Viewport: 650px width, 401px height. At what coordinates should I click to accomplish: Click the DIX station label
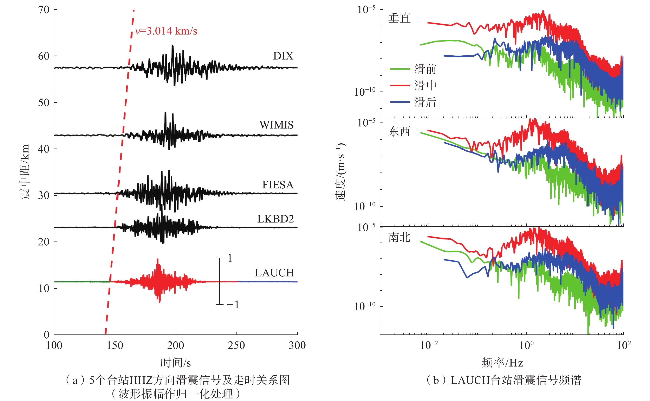pos(283,56)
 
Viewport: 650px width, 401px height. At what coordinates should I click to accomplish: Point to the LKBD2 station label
pos(275,219)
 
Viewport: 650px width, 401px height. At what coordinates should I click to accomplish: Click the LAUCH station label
pos(274,273)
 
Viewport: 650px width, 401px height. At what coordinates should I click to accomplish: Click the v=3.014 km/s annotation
pos(166,31)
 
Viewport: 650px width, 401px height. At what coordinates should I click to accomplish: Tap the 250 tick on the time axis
pos(236,345)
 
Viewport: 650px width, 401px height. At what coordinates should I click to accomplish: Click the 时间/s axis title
pos(176,363)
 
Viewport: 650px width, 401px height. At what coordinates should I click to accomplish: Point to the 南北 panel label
pos(399,237)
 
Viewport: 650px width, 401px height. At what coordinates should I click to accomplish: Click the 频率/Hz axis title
pos(502,363)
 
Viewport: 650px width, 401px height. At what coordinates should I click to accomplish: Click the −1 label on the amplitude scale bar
pos(233,305)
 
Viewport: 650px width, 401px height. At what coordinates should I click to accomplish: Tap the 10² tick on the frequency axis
pos(624,345)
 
